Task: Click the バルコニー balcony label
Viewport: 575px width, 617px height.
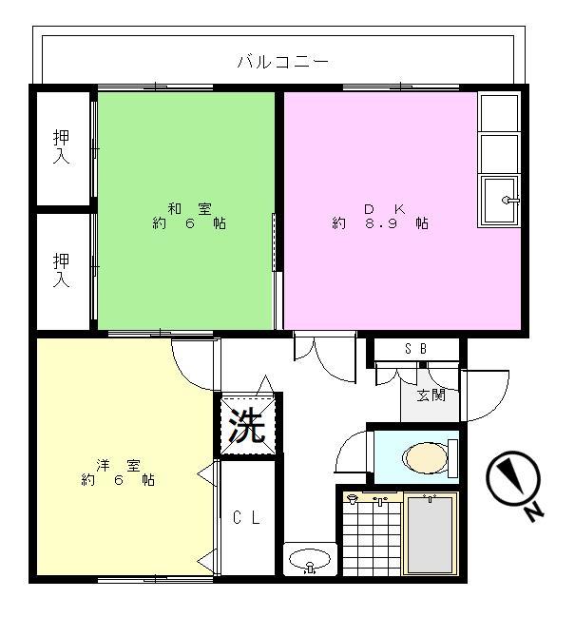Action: coord(282,63)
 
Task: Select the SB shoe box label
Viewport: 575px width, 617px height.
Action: coord(415,349)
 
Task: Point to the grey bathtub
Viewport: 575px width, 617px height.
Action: coord(429,535)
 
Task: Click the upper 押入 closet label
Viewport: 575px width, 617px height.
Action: coord(62,146)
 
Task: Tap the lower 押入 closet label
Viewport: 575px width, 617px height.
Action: coord(62,270)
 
